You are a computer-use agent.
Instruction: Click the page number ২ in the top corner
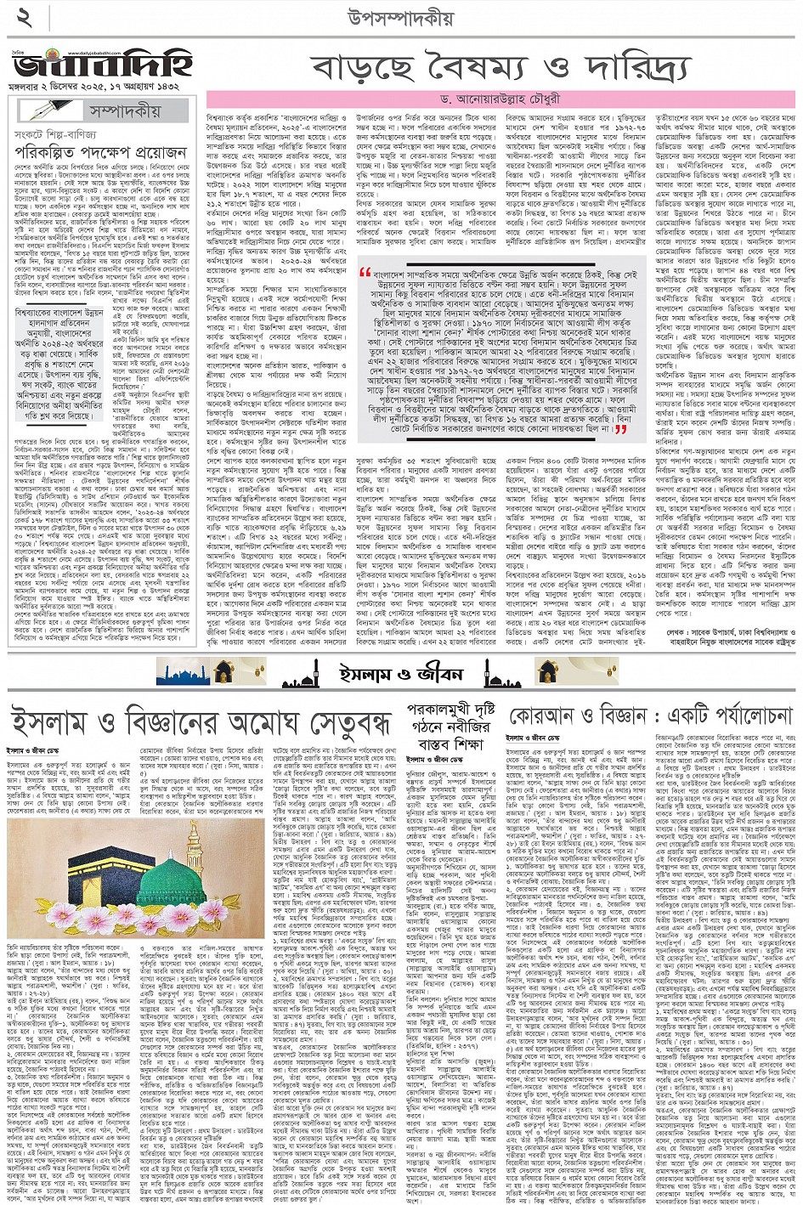click(23, 18)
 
